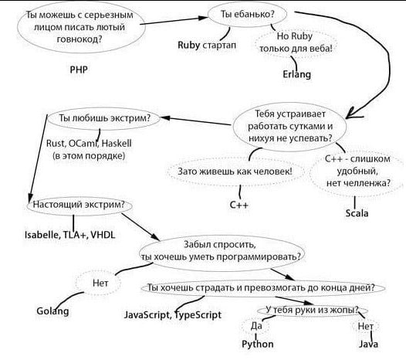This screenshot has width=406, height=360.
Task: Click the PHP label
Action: point(79,70)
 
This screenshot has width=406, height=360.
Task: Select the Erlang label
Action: point(296,74)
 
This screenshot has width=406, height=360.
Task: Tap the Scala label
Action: point(357,213)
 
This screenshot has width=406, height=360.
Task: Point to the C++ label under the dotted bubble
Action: point(239,205)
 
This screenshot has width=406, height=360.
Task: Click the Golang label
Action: point(52,311)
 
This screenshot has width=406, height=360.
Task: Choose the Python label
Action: point(257,345)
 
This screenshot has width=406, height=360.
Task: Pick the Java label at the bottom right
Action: point(368,344)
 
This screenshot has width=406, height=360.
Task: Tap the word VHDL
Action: point(103,235)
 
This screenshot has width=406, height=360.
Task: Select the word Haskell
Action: point(117,144)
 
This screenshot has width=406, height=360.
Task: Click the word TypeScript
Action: point(198,315)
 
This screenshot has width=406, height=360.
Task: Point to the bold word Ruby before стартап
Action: point(188,45)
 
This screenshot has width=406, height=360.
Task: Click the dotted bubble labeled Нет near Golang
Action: point(98,283)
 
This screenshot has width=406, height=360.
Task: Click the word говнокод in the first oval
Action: point(80,39)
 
